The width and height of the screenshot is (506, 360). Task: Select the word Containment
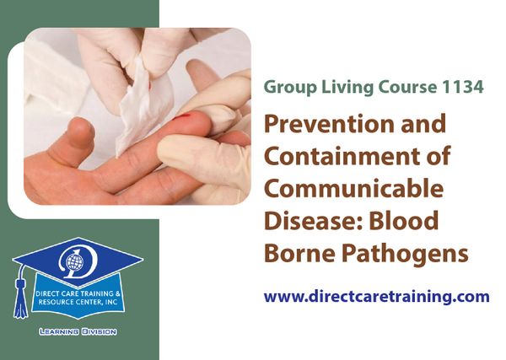345,156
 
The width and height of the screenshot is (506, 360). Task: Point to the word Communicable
353,188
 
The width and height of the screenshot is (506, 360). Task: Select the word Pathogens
405,254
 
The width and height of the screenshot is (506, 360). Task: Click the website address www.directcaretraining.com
376,297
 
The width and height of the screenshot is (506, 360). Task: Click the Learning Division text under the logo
78,331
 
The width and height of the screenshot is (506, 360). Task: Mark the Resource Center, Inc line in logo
78,303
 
